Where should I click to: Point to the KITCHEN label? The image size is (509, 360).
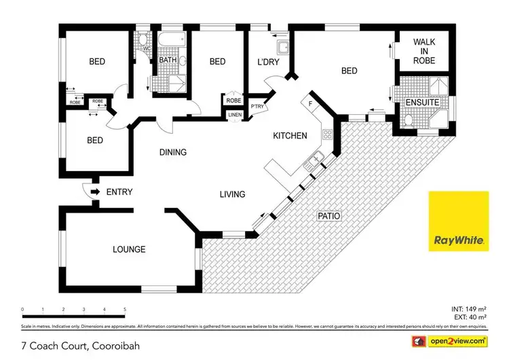(x=290, y=136)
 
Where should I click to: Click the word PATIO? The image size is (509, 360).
(x=329, y=216)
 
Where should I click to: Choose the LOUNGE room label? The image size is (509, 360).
(x=129, y=249)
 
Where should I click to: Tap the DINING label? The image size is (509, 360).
(x=172, y=152)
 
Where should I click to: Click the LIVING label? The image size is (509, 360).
(x=231, y=195)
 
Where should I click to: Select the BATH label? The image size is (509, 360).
(x=168, y=60)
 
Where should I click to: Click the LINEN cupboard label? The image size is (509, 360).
(x=234, y=115)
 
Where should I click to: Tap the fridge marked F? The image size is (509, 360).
(x=310, y=103)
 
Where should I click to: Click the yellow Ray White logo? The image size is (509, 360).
(x=458, y=222)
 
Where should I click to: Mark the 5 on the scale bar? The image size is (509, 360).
(x=125, y=309)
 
